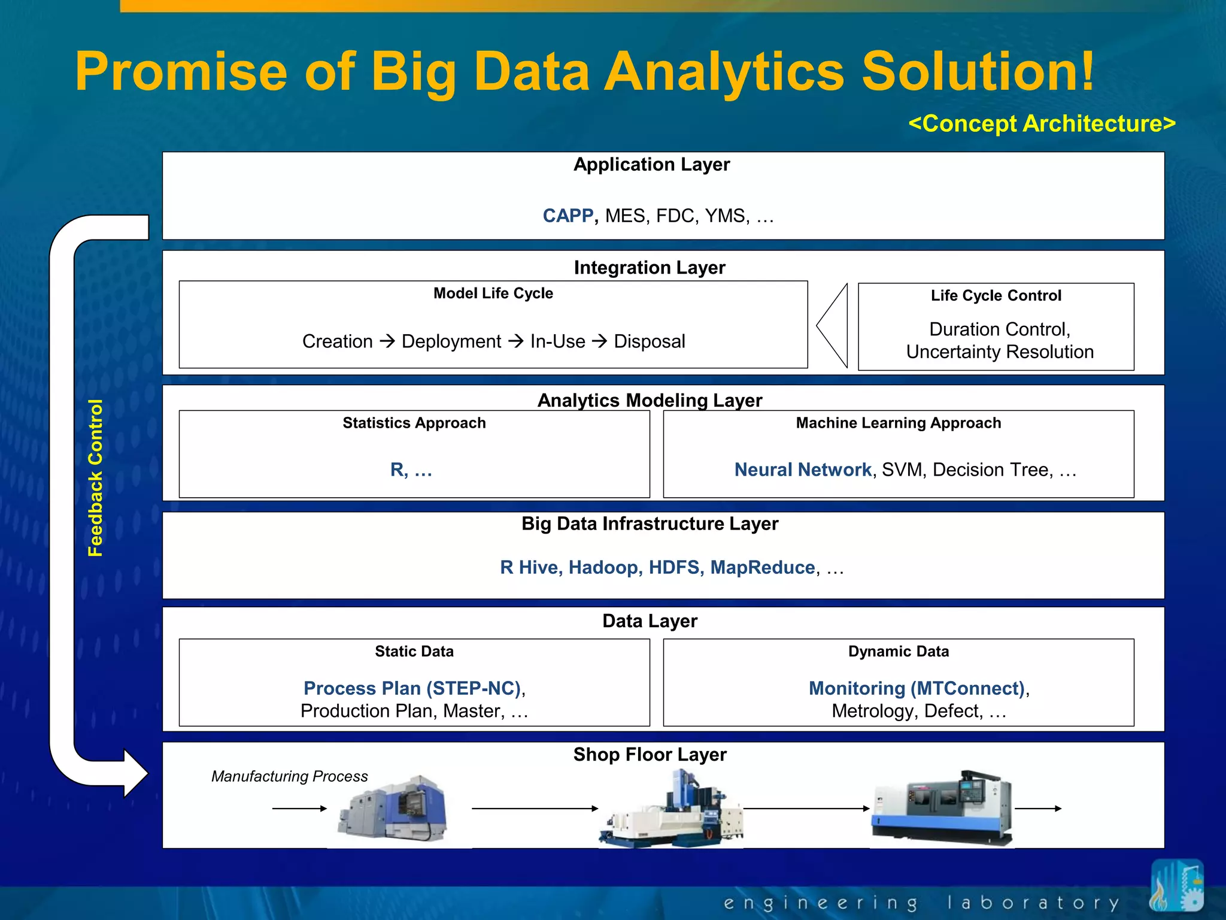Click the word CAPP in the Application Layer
tap(567, 216)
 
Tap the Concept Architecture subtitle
tap(1042, 123)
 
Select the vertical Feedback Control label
tap(96, 477)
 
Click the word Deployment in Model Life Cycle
tap(451, 341)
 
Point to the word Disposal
tap(649, 341)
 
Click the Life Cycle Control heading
tap(996, 295)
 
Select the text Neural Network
tap(802, 470)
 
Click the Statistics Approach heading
tap(414, 423)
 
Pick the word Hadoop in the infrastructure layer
tap(605, 567)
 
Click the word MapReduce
tap(762, 567)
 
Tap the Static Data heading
tap(414, 651)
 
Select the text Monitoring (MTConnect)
tap(917, 688)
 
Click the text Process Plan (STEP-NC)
tap(412, 688)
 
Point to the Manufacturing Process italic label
tap(289, 776)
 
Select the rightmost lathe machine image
tap(942, 807)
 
